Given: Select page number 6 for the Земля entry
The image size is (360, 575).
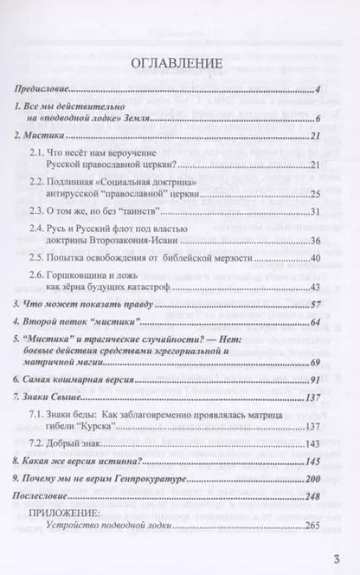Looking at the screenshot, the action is (318, 120).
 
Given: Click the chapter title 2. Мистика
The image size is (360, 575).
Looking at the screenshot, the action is (42, 137).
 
